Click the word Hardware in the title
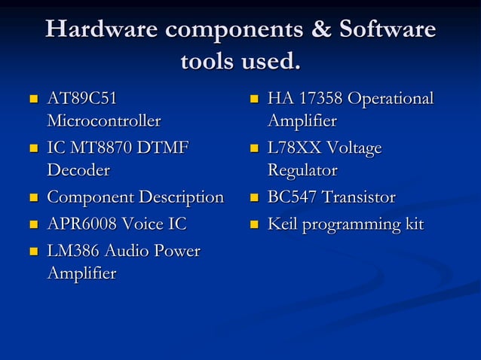click(x=101, y=29)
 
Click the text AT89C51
click(x=82, y=99)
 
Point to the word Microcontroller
click(x=103, y=121)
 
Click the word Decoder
click(x=78, y=170)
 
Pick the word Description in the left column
click(x=184, y=197)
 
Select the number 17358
click(x=322, y=99)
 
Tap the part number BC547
click(x=293, y=197)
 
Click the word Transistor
click(x=359, y=197)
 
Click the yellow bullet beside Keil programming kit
click(x=254, y=224)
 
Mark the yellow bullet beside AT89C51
click(x=33, y=99)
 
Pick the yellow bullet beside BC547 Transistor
click(x=254, y=198)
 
